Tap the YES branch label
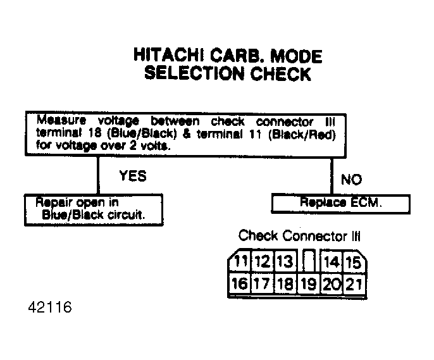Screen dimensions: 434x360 click(133, 176)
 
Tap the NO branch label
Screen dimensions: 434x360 click(351, 180)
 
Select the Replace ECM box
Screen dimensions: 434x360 click(341, 204)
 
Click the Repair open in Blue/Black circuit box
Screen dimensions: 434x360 click(94, 210)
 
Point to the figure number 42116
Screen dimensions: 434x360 click(50, 307)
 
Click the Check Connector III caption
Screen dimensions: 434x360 click(299, 236)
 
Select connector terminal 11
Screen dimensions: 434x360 click(240, 261)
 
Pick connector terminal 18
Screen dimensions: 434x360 click(285, 283)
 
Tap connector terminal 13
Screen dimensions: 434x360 click(285, 261)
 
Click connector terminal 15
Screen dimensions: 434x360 click(354, 262)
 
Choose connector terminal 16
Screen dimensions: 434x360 click(240, 283)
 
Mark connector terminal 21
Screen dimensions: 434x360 click(354, 284)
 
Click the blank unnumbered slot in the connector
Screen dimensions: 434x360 click(308, 261)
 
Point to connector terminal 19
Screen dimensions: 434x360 click(308, 284)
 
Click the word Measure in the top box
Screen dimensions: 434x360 click(61, 120)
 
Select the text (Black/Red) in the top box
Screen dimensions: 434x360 click(302, 135)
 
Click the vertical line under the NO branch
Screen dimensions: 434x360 click(332, 176)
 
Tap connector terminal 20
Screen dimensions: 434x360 click(332, 284)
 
